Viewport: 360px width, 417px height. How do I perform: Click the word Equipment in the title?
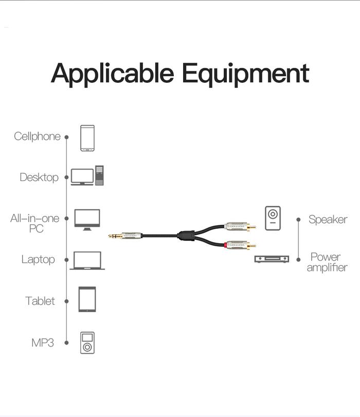tap(245, 74)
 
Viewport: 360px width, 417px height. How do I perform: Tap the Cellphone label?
tap(37, 137)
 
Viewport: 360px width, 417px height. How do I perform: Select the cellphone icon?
tap(87, 138)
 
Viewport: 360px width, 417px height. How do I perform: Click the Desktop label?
tap(39, 177)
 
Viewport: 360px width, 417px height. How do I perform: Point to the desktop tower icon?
tap(99, 175)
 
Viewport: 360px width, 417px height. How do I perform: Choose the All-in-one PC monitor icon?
tap(87, 219)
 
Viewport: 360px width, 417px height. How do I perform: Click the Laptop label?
tap(38, 260)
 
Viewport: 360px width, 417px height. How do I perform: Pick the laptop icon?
tap(87, 261)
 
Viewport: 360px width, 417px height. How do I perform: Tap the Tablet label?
tap(40, 301)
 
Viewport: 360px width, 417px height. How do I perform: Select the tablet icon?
tap(87, 299)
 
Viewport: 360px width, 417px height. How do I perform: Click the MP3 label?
tap(43, 342)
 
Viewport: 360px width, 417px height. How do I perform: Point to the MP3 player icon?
tap(87, 343)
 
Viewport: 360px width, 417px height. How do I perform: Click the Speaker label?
tap(328, 220)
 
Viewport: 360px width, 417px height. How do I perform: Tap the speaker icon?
tap(273, 218)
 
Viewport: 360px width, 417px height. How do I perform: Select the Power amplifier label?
tap(327, 262)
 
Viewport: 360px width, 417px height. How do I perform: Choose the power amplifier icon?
tap(272, 260)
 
